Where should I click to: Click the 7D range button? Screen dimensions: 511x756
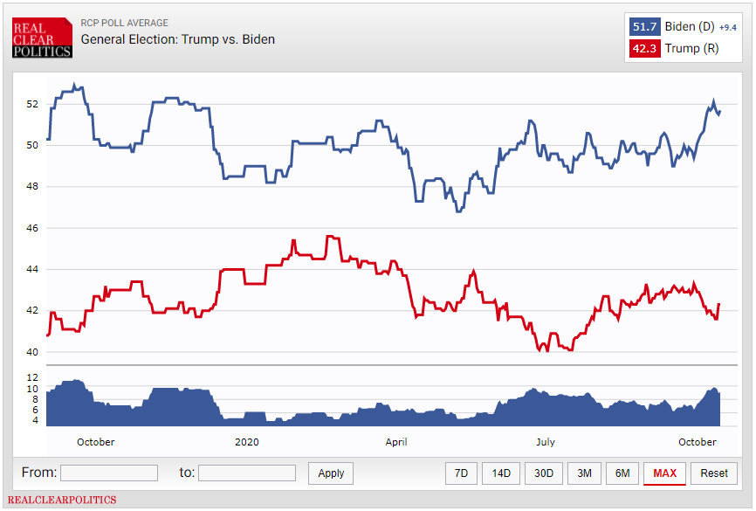coord(461,473)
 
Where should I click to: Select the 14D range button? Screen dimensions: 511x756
coord(501,473)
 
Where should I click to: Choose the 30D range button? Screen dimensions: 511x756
coord(543,473)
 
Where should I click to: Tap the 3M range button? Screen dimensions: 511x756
coord(584,473)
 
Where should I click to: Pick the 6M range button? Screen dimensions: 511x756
coord(622,473)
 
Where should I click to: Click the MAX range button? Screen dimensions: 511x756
coord(664,473)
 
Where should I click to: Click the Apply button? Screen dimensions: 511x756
coord(331,473)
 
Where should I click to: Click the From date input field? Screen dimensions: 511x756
coord(109,473)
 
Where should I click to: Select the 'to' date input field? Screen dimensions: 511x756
coord(247,473)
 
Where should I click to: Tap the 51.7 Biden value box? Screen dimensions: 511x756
coord(644,26)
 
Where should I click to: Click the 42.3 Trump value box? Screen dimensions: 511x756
coord(644,48)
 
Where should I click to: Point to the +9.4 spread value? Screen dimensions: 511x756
coord(728,27)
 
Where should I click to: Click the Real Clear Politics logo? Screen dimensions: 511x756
coord(42,38)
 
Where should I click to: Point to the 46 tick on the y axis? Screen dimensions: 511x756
coord(32,228)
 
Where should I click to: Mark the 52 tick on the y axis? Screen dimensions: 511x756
coord(32,104)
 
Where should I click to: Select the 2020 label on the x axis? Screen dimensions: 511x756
coord(248,442)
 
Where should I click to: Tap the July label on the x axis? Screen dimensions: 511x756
coord(545,442)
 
